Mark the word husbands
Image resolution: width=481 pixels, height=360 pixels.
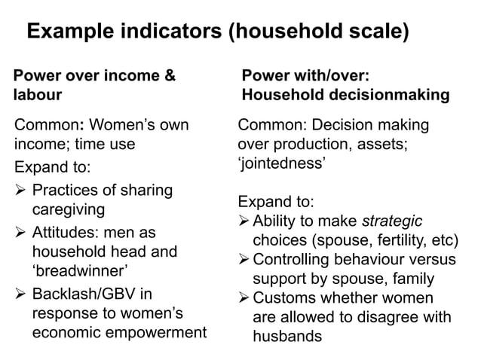point(287,337)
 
